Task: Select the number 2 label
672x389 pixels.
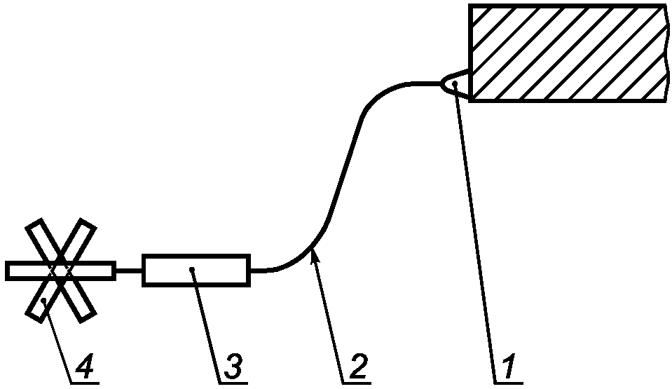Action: [x=357, y=365]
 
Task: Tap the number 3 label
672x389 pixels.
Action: [x=233, y=365]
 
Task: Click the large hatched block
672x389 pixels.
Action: [x=568, y=53]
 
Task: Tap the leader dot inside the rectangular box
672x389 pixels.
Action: [x=191, y=269]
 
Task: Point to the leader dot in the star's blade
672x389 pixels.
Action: [x=44, y=300]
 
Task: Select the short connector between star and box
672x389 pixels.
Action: [x=129, y=271]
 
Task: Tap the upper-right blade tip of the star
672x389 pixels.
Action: [x=87, y=226]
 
